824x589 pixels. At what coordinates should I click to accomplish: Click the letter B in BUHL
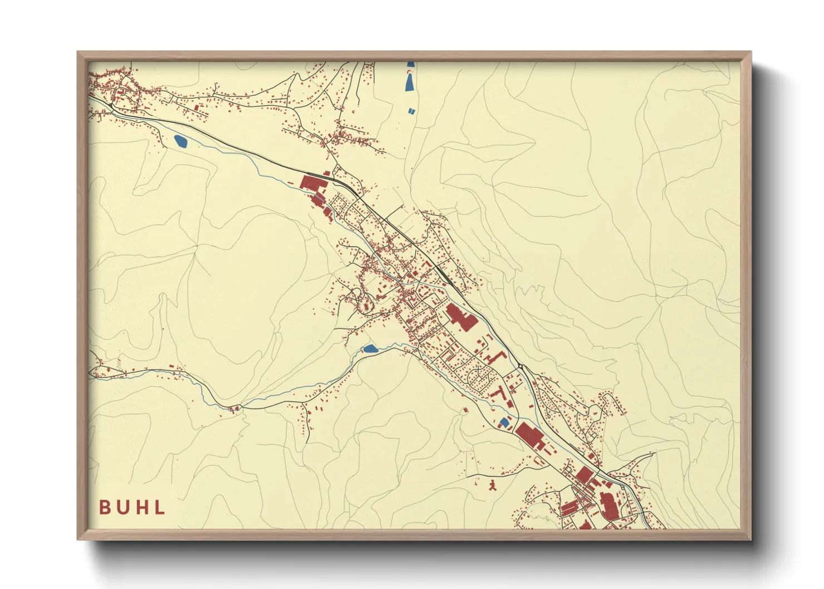(104, 507)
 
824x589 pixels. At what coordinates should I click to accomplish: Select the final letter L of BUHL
(160, 507)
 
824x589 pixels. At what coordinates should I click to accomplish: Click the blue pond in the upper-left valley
(181, 141)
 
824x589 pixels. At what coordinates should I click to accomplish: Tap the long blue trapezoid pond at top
(410, 81)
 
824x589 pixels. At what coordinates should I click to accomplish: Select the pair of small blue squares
(411, 111)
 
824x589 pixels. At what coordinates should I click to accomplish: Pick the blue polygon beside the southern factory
(504, 423)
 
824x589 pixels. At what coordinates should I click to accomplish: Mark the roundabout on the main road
(520, 366)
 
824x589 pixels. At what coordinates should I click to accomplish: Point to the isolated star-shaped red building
(492, 485)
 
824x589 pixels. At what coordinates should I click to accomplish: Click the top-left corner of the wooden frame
(78, 52)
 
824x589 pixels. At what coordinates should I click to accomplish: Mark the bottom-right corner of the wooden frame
(751, 539)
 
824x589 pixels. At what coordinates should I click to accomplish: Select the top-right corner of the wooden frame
(751, 52)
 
